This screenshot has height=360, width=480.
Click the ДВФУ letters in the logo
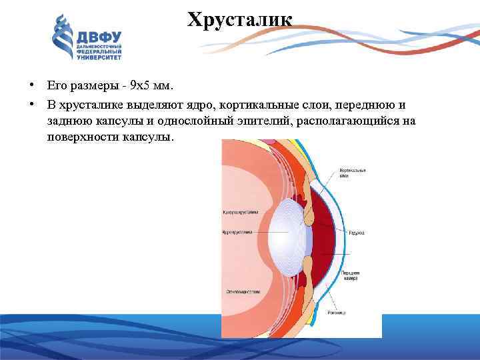point(99,38)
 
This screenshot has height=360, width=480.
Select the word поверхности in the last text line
point(81,137)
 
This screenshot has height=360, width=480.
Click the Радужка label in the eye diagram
point(356,232)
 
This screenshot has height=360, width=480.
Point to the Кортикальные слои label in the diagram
point(353,173)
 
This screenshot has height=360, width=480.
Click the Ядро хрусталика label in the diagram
point(238,232)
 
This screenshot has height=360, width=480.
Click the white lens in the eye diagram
point(283,233)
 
